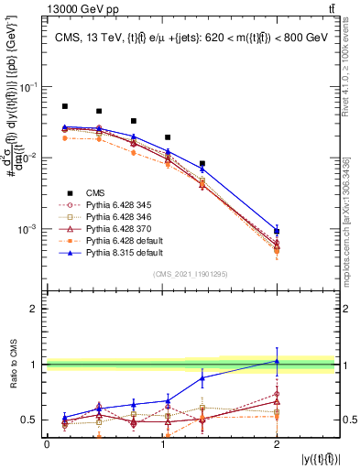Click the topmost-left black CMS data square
click(64, 106)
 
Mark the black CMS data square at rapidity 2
click(277, 232)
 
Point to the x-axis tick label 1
click(161, 443)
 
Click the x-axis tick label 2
click(277, 443)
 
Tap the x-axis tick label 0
click(47, 443)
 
